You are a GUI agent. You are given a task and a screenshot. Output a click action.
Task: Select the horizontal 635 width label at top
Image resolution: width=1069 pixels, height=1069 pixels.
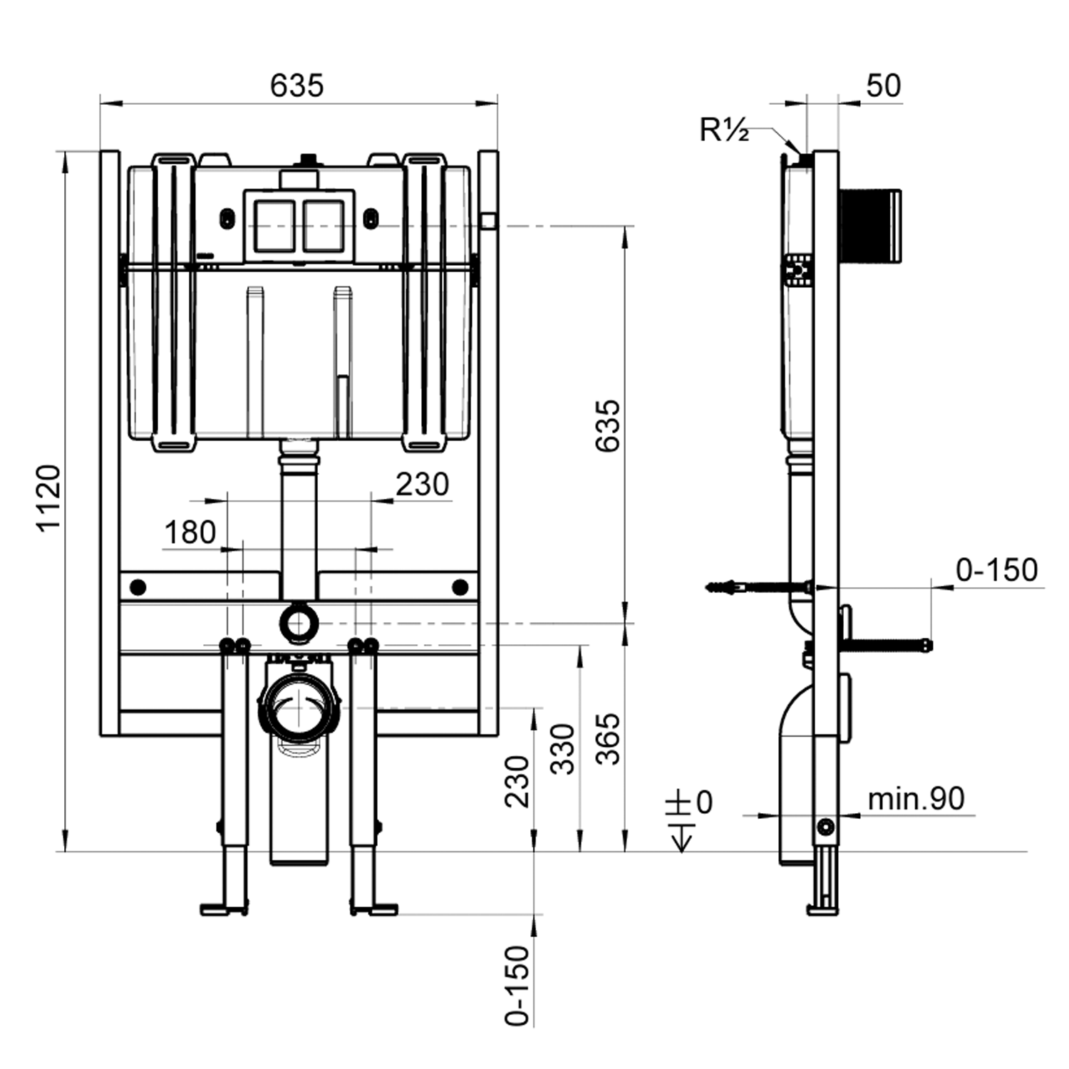click(296, 86)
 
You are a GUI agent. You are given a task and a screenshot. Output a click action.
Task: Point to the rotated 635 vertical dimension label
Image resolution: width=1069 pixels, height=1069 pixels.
click(608, 425)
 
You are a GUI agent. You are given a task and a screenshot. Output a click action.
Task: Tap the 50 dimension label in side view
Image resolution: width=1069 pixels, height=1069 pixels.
click(883, 86)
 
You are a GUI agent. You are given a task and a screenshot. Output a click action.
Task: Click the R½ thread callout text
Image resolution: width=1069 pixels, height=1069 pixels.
click(724, 130)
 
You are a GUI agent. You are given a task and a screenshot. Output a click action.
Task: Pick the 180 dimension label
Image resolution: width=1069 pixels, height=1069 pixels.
click(190, 532)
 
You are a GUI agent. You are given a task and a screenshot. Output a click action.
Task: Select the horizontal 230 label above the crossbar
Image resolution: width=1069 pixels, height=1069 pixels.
click(422, 485)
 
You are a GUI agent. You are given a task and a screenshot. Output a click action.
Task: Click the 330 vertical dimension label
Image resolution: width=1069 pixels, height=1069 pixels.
click(563, 748)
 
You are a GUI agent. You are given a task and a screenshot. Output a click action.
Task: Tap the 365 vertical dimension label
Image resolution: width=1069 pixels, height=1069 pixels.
click(608, 739)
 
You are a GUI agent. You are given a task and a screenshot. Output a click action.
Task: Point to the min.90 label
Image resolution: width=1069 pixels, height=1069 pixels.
click(916, 799)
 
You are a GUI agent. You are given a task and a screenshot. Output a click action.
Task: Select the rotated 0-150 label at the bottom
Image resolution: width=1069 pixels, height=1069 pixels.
click(518, 986)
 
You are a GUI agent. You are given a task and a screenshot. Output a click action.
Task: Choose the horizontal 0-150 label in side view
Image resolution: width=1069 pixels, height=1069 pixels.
click(996, 570)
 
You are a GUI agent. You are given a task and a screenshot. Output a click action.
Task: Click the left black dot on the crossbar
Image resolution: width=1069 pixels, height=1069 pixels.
click(138, 587)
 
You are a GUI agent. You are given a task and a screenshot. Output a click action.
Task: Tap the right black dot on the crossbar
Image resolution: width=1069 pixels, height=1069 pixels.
click(460, 587)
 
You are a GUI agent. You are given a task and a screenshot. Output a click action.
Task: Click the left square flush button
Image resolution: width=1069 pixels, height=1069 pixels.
click(275, 226)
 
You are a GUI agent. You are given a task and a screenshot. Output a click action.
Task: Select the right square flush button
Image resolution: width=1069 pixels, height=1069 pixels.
click(324, 226)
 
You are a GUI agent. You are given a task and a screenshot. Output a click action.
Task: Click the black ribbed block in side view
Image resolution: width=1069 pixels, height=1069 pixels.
click(870, 224)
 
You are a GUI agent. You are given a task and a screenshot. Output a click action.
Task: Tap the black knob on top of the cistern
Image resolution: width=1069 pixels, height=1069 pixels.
click(309, 159)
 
